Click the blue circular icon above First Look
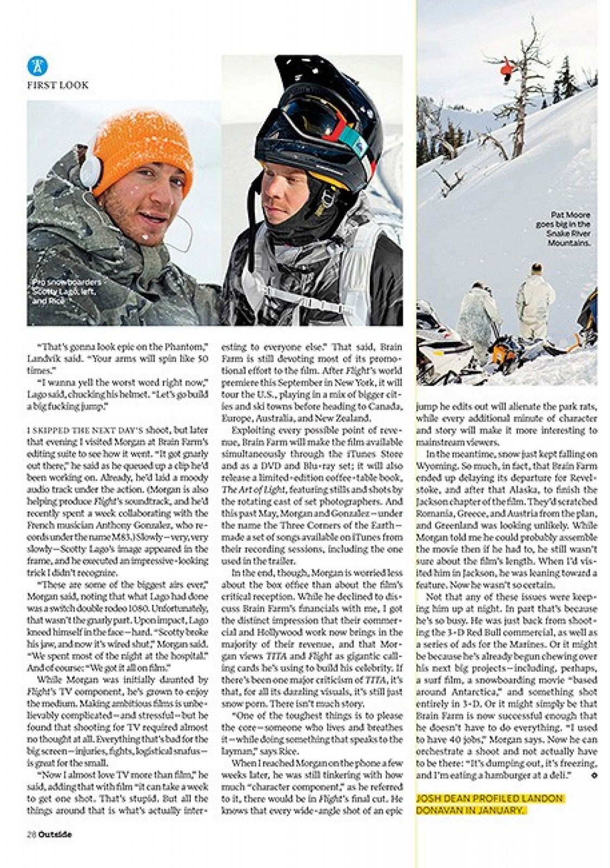coord(37,66)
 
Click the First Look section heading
coord(57,85)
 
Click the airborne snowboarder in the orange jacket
coord(507,69)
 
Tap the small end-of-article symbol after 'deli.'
coord(594,776)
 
